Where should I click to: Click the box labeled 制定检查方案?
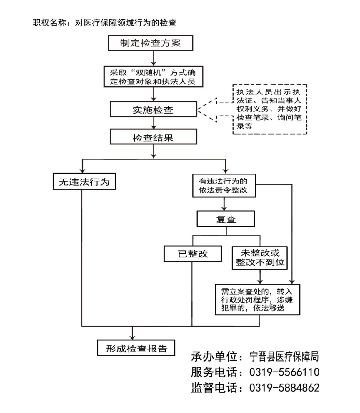(150, 43)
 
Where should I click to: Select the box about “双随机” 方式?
(153, 76)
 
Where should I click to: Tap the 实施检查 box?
(153, 109)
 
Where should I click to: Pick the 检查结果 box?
(153, 137)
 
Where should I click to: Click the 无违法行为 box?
(84, 181)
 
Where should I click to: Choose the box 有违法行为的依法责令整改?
(224, 186)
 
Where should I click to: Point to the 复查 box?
(226, 219)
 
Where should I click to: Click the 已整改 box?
(193, 254)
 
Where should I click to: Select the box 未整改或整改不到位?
(259, 258)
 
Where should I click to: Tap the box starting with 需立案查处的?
(257, 300)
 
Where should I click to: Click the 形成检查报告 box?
(136, 348)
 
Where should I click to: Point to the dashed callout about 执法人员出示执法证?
(269, 109)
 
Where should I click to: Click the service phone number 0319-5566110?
(284, 372)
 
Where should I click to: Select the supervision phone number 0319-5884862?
(284, 388)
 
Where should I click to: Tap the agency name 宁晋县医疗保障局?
(284, 357)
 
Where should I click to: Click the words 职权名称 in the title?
(49, 23)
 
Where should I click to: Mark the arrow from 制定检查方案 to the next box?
(154, 59)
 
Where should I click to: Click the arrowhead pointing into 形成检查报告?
(133, 337)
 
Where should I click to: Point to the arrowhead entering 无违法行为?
(83, 170)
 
